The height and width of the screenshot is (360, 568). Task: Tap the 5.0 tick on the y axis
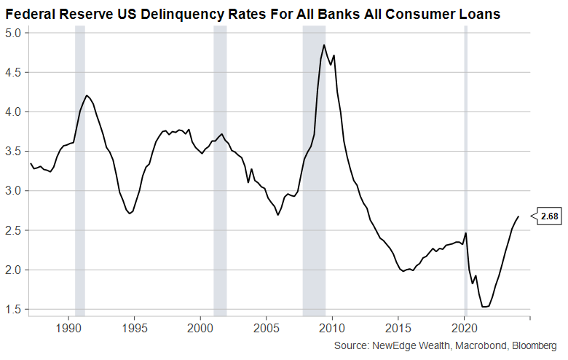(14, 33)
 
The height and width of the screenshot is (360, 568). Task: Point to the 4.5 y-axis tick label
(14, 72)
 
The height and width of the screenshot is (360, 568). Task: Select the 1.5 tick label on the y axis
(14, 309)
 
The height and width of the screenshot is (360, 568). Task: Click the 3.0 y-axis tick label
(14, 191)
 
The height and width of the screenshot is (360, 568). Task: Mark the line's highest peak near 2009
(324, 45)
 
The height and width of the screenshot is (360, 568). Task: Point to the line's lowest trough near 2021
(484, 307)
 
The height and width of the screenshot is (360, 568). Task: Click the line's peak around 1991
(87, 95)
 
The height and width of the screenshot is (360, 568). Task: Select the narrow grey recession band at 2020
(466, 168)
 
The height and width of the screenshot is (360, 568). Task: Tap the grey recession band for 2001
(220, 168)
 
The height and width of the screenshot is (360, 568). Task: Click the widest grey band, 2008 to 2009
(314, 168)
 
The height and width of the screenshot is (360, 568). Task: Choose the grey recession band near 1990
(80, 168)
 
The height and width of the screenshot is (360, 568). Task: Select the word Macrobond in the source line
(475, 345)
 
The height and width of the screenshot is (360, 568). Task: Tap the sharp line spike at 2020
(466, 233)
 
